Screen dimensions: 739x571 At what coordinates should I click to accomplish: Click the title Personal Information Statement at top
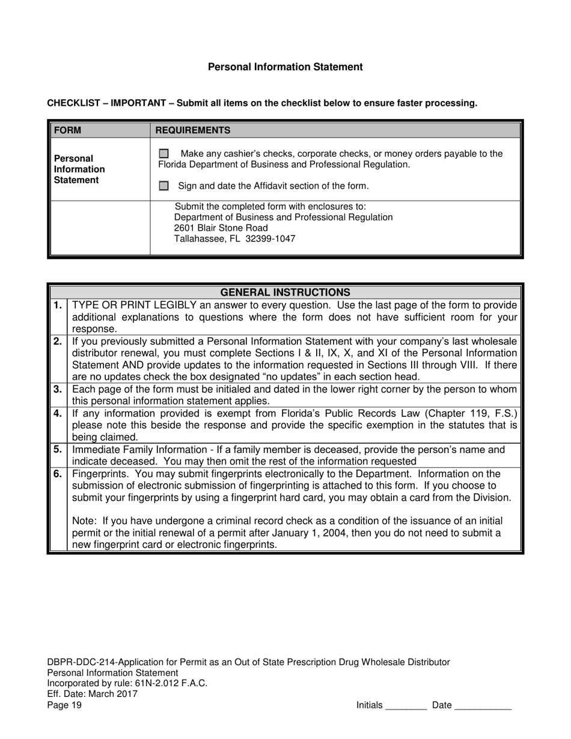click(285, 67)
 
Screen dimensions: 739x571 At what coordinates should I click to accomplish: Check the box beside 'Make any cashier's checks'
click(163, 154)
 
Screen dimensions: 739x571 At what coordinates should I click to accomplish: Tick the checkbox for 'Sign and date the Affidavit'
click(163, 186)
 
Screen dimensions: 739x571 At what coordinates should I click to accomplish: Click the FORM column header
click(67, 130)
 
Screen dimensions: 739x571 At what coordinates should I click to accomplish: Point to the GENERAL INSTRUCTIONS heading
click(285, 293)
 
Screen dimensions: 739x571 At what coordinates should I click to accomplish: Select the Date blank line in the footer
click(483, 706)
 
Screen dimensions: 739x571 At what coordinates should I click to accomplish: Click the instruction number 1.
click(58, 305)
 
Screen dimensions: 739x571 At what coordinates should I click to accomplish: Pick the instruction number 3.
click(58, 389)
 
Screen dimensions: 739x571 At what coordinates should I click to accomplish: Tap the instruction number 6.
click(58, 473)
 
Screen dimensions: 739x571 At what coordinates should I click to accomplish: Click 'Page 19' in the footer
click(64, 705)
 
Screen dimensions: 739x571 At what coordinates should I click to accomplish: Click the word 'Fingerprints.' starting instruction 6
click(99, 473)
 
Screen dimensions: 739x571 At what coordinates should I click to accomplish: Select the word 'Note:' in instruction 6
click(84, 521)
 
